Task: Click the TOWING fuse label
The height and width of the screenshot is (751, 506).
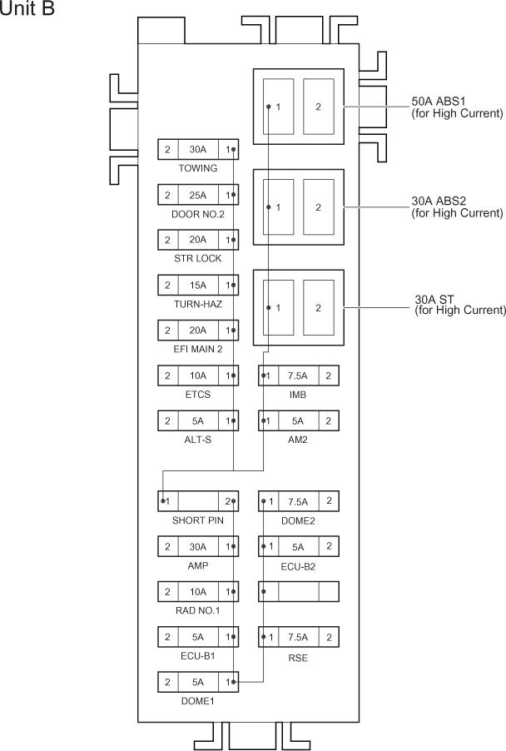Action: coord(197,168)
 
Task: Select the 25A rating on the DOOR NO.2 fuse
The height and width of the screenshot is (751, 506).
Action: coord(197,195)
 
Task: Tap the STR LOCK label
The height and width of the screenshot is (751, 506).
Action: coord(197,258)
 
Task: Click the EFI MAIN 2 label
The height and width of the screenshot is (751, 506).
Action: coord(197,348)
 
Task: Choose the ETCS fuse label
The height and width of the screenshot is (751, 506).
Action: coord(197,394)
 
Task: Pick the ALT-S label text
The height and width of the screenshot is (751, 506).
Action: coord(197,439)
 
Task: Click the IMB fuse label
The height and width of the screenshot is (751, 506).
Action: coord(297,394)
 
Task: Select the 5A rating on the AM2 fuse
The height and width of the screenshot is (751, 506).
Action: coord(297,420)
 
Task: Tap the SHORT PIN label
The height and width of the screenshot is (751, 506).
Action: coord(197,520)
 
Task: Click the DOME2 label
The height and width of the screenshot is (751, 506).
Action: coord(297,520)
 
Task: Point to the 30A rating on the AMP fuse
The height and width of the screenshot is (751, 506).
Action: coord(197,547)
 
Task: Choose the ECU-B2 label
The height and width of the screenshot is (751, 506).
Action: coord(297,566)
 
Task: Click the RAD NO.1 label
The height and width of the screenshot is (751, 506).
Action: coord(197,611)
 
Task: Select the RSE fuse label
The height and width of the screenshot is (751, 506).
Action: coord(297,656)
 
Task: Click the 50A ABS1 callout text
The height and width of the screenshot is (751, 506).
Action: coord(457,107)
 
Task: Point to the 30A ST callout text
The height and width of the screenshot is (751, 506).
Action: coord(459,305)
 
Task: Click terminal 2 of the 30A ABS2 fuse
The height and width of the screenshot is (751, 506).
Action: coord(318,207)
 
